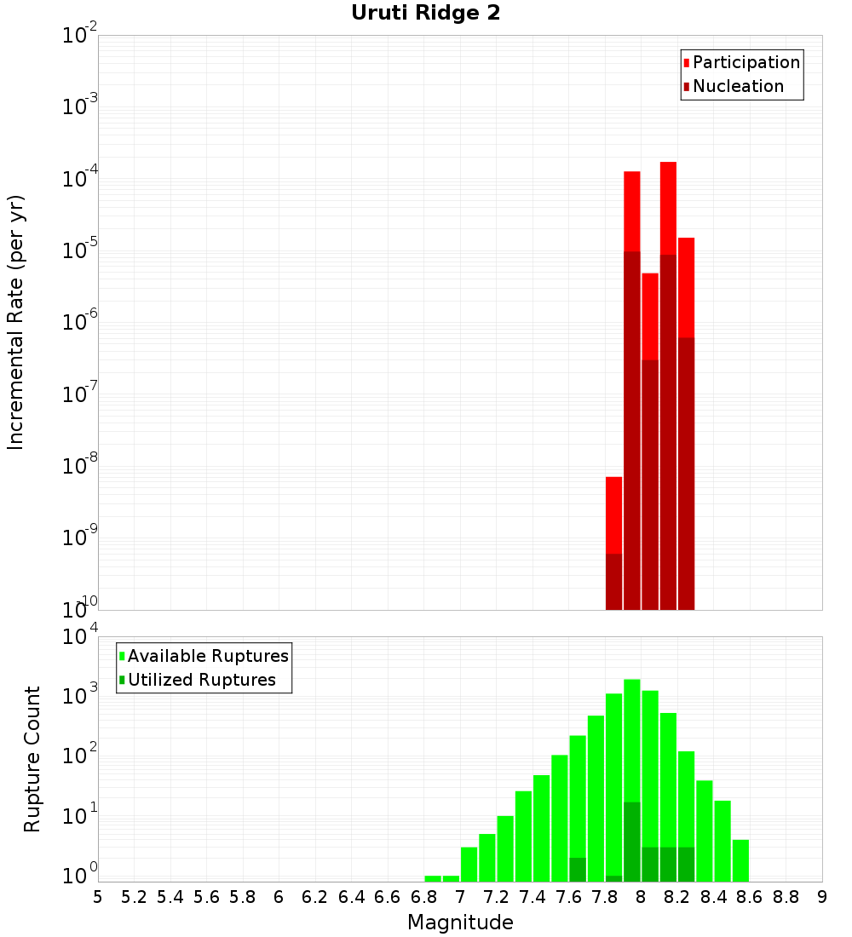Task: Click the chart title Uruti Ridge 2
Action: click(x=426, y=14)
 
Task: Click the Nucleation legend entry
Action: click(x=737, y=86)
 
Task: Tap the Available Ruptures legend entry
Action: click(x=207, y=656)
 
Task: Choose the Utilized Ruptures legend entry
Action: click(x=201, y=680)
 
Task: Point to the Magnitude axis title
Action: click(x=460, y=923)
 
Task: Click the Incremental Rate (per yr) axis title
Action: click(x=16, y=322)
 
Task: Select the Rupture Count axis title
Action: click(x=32, y=758)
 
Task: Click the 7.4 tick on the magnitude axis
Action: click(x=532, y=897)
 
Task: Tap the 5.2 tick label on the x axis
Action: click(x=134, y=897)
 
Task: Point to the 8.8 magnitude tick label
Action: click(x=786, y=897)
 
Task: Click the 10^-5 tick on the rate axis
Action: click(x=79, y=250)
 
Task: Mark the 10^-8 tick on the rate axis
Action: click(x=79, y=466)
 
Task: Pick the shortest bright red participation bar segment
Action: click(x=613, y=514)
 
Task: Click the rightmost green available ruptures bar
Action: click(x=740, y=860)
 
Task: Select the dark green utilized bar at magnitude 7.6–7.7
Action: click(x=577, y=870)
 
